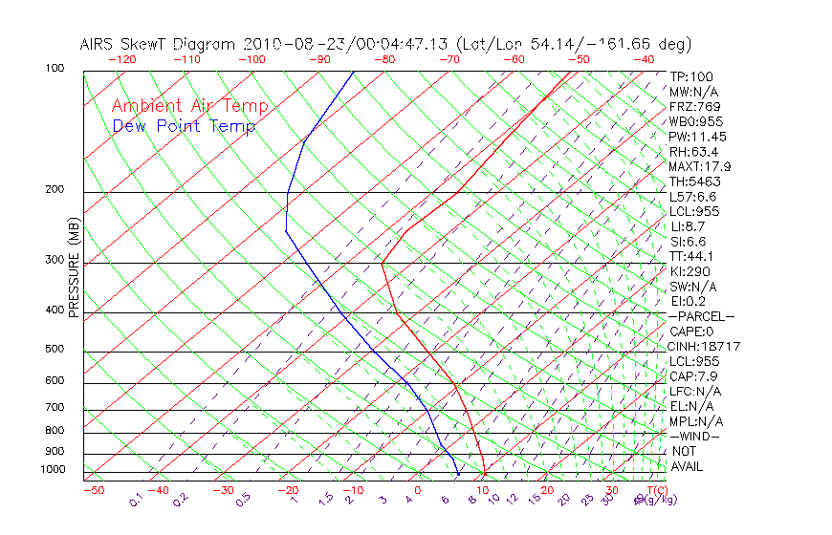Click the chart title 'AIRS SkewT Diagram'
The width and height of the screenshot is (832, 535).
tap(159, 44)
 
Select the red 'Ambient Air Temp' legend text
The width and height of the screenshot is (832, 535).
tap(190, 106)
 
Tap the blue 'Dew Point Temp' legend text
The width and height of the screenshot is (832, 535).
tap(184, 126)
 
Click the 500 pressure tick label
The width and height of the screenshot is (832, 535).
tap(55, 350)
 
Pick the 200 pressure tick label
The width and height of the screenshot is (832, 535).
tap(55, 190)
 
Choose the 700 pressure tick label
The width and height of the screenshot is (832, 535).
tap(55, 408)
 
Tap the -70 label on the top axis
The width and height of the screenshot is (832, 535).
tap(449, 59)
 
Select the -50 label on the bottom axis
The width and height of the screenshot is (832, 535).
tap(93, 490)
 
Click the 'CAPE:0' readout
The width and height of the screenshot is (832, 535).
tap(694, 332)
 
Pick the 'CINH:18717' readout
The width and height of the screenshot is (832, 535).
tap(705, 347)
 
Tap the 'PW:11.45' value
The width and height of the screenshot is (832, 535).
tap(698, 137)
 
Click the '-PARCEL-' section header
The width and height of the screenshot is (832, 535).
tap(701, 316)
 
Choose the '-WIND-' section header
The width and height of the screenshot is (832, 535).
tap(695, 437)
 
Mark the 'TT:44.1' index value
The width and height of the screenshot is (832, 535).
tap(692, 256)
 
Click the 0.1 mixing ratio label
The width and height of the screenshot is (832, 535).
tap(136, 501)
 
